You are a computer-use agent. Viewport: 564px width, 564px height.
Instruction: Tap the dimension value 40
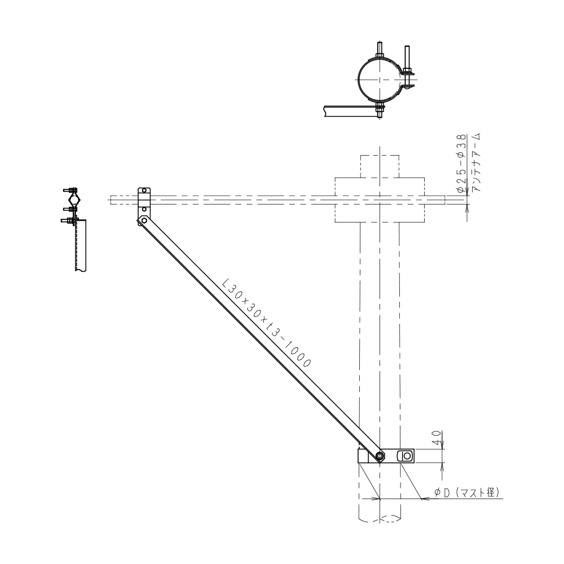(437, 438)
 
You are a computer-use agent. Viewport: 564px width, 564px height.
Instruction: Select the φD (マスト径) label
(467, 492)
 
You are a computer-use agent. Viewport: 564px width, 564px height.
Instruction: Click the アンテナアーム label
(477, 162)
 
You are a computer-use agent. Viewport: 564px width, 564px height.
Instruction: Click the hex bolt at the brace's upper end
(144, 221)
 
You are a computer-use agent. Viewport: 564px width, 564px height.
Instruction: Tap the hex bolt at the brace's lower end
(380, 456)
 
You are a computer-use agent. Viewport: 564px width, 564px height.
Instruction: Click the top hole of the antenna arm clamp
(144, 190)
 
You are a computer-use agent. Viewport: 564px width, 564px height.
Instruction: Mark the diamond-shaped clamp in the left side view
(73, 199)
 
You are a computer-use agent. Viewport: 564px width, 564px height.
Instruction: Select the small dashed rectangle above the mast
(380, 166)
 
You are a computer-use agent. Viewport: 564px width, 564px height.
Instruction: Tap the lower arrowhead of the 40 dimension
(442, 466)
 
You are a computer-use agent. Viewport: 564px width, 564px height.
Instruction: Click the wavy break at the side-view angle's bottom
(81, 270)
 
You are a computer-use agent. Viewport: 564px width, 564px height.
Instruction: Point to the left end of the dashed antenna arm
(110, 200)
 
